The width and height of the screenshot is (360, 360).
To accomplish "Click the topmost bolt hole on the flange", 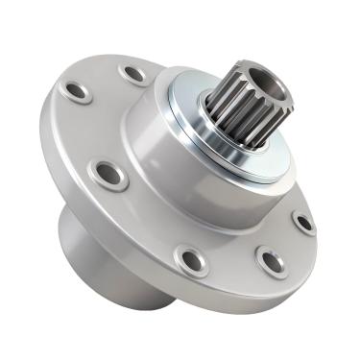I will [x=132, y=72].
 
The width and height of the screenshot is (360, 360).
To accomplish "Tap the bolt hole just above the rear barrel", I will [x=108, y=174].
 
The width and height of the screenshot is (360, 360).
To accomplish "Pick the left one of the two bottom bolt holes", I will [x=192, y=259].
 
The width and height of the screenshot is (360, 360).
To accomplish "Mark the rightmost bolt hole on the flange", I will [x=303, y=223].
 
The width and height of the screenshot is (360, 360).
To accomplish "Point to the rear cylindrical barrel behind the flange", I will [x=82, y=240].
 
